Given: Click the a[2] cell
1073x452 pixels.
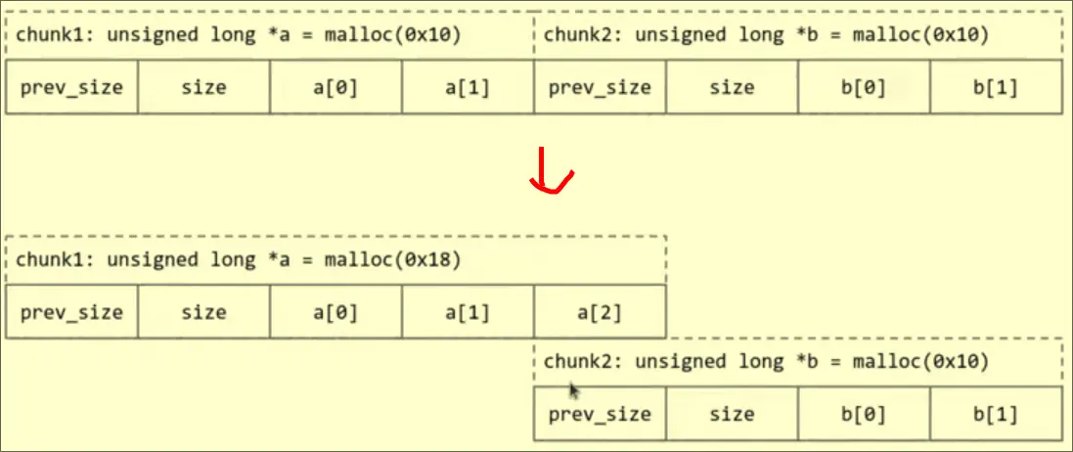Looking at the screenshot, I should tap(600, 313).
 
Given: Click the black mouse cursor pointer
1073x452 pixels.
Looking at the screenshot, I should tap(573, 390).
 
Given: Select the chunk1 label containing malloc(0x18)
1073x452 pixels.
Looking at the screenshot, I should tap(235, 260).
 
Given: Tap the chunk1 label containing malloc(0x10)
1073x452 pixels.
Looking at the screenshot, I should tap(235, 36).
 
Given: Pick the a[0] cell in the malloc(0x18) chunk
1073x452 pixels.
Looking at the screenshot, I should tap(335, 313).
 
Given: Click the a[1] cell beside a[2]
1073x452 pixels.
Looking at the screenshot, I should tap(468, 313).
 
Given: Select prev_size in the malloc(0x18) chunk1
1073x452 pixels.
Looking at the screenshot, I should tap(71, 313).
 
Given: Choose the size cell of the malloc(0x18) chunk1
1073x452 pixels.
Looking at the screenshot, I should tap(203, 313).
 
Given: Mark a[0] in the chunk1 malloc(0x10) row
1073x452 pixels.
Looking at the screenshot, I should tap(335, 87).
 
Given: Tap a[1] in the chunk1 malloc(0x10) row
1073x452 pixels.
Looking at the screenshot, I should tap(468, 87).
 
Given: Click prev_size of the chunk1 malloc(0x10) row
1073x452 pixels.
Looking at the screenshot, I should tap(71, 87).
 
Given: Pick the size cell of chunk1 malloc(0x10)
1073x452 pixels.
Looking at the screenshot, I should tap(203, 87).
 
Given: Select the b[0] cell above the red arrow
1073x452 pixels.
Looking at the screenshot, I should tap(864, 87).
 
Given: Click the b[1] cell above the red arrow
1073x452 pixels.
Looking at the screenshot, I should tap(996, 87).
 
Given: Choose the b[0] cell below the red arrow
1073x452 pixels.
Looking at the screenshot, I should tap(864, 414).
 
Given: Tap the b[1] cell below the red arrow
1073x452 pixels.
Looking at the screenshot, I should tap(996, 414).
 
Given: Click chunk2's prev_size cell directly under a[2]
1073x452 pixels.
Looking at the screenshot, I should tap(600, 414).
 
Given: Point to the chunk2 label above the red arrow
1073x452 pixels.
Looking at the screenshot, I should tap(766, 36).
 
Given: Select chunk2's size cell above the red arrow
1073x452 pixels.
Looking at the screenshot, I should tap(732, 87).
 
